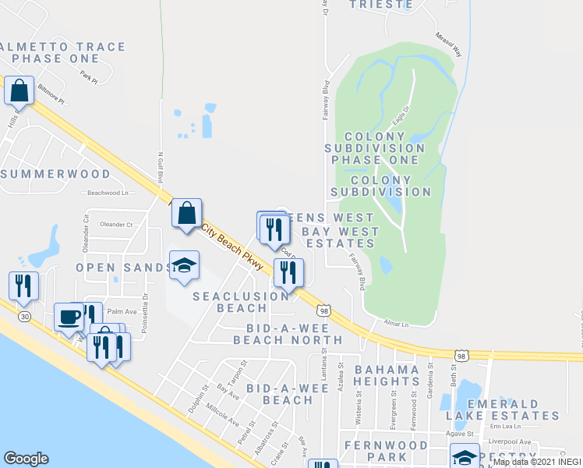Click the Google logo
point(26,459)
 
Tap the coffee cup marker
point(69,317)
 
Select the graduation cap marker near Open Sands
point(184,266)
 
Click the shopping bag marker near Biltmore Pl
point(19,91)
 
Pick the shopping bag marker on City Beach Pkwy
point(187,213)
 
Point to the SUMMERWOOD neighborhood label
point(56,173)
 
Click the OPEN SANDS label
point(123,268)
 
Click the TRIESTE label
point(380,4)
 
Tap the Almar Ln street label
point(396,323)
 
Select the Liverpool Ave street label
point(514,441)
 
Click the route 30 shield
point(26,316)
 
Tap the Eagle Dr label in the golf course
point(401,114)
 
